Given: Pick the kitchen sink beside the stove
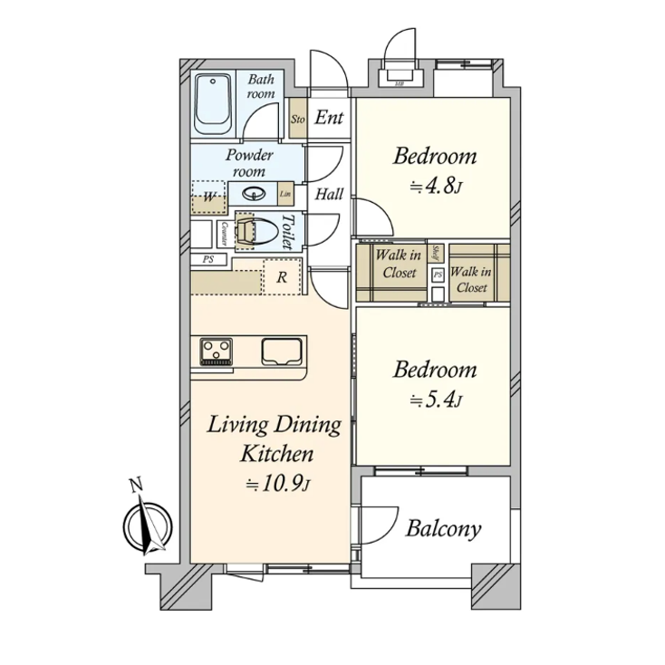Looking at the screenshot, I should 284,351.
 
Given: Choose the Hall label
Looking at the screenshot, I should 328,192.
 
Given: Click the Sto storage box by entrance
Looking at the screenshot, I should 297,119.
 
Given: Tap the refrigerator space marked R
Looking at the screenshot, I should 282,278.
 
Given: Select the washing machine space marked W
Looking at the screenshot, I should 208,197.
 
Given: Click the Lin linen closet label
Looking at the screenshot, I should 285,194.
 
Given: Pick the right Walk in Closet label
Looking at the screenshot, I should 470,279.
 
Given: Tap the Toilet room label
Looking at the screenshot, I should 287,232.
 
